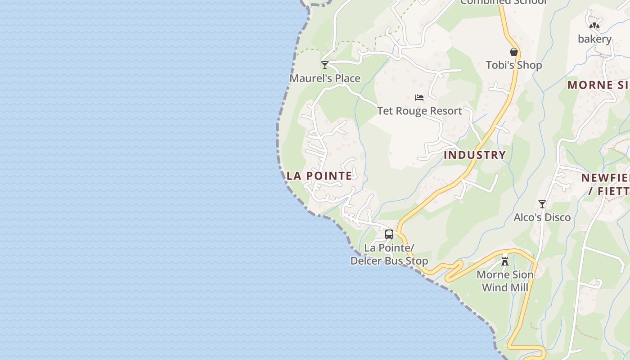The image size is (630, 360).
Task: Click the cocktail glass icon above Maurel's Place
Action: (x=325, y=65)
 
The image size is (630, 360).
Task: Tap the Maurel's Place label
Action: (x=325, y=78)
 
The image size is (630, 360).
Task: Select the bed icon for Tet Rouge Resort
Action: (x=419, y=98)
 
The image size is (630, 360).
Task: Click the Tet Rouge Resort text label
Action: (x=419, y=111)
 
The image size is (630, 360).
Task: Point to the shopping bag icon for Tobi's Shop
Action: (x=514, y=52)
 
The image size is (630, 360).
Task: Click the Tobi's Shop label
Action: (x=514, y=65)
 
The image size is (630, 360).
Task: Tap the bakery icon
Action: (x=594, y=26)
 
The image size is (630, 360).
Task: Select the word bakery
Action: (x=594, y=39)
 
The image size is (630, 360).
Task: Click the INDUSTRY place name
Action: (x=475, y=155)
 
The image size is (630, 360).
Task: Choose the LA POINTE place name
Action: (x=319, y=176)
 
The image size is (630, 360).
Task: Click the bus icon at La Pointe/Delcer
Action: (x=389, y=234)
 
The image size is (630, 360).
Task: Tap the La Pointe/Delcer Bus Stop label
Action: (x=389, y=254)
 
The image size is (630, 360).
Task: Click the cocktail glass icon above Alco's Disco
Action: (x=542, y=204)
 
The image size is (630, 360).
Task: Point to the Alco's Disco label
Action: (x=542, y=217)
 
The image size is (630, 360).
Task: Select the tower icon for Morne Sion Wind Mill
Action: (x=505, y=261)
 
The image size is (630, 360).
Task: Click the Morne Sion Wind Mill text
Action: (x=505, y=281)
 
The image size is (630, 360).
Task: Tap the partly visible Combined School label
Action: (x=503, y=2)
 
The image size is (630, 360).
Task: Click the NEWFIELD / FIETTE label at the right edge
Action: (x=606, y=184)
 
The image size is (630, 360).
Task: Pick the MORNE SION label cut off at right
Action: (x=598, y=85)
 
